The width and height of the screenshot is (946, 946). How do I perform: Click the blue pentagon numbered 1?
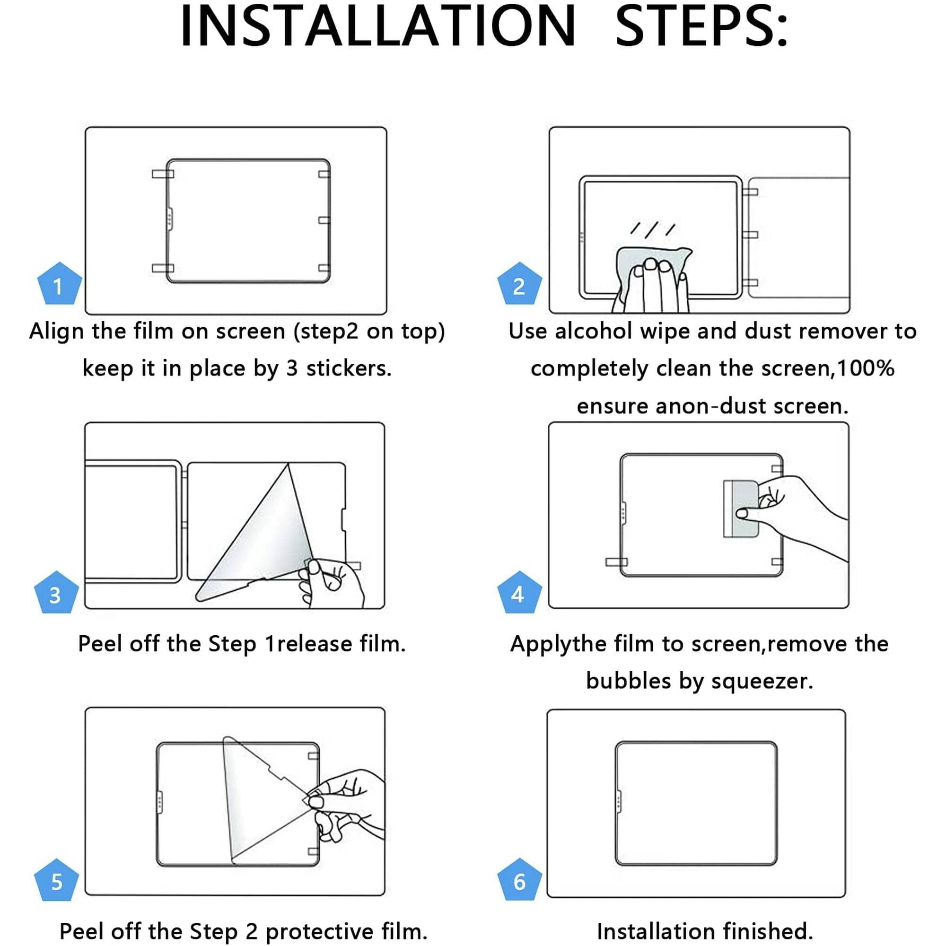59,286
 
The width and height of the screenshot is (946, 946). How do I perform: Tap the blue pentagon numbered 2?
519,286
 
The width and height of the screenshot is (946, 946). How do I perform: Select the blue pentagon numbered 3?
56,594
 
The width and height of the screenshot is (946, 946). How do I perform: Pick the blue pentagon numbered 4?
519,594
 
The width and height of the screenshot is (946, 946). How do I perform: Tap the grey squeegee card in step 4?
739,509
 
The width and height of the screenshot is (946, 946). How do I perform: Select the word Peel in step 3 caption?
100,643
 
